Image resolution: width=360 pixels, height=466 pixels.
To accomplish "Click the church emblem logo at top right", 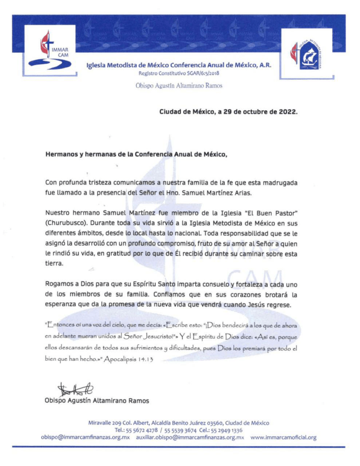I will (306, 54).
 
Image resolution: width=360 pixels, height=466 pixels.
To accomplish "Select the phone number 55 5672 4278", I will (144, 430).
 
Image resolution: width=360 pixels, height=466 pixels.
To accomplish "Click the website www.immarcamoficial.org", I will (283, 437).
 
